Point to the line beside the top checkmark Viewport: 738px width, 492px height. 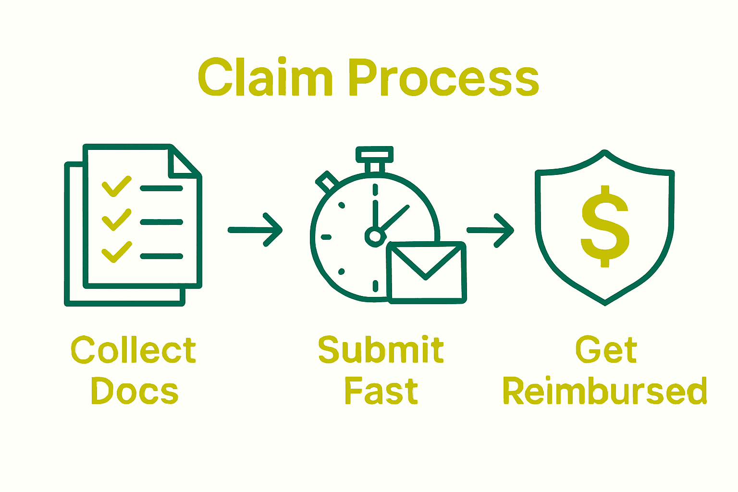(161, 188)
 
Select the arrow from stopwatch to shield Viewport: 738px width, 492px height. (491, 231)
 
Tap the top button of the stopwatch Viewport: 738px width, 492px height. (374, 154)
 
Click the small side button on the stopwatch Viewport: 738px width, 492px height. (327, 182)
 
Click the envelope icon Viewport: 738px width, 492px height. (426, 272)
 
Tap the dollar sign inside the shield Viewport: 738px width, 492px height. (605, 226)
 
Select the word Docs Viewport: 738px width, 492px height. (135, 391)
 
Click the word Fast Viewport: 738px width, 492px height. (381, 391)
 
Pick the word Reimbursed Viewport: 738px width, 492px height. (605, 391)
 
